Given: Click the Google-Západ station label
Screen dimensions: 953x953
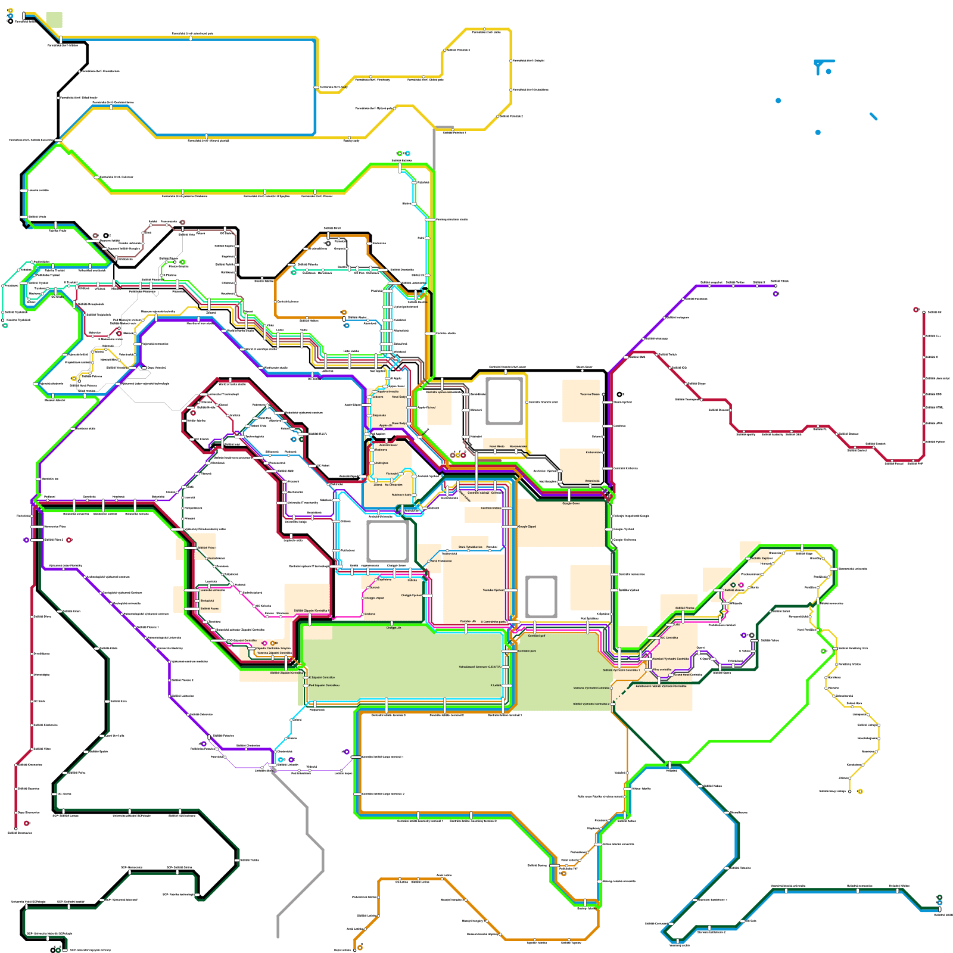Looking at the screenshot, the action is (527, 527).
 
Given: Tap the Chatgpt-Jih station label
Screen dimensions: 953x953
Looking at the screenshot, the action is (394, 628).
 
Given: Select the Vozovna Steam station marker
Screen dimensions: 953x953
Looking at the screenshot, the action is (604, 394).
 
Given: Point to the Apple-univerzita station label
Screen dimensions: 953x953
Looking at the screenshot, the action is (388, 391).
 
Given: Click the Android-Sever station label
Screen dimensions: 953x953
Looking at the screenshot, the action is (388, 445).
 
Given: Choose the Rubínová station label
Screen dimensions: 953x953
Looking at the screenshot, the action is (381, 450).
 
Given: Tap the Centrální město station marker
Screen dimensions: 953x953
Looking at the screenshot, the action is (506, 508).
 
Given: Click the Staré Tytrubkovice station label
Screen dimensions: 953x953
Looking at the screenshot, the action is (471, 547).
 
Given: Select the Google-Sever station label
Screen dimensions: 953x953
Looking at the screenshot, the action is (571, 503).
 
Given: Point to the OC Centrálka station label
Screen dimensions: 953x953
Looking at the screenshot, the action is (669, 637).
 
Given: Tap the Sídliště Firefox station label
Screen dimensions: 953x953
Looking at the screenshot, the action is (684, 608).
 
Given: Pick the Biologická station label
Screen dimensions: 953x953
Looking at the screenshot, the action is (207, 600).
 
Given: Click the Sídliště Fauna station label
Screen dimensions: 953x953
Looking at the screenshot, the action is (209, 609).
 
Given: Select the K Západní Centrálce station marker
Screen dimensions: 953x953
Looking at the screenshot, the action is (306, 678).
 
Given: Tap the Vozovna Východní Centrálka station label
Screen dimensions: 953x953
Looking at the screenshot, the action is (591, 688).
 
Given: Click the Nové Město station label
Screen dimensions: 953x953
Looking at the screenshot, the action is (497, 446).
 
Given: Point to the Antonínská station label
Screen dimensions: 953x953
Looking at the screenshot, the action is (592, 481).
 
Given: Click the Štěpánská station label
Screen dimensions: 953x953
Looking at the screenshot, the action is (379, 415).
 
